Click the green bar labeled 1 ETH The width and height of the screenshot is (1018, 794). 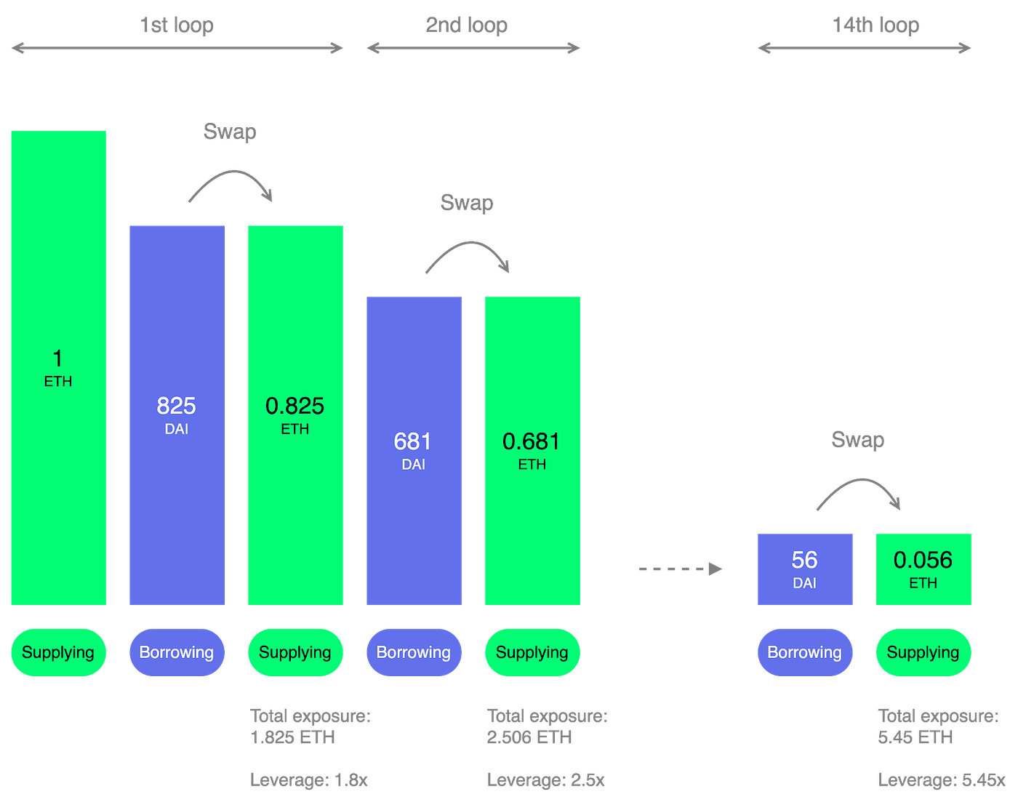pyautogui.click(x=58, y=367)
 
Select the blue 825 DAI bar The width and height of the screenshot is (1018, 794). pyautogui.click(x=176, y=414)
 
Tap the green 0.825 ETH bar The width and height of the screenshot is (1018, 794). pyautogui.click(x=295, y=414)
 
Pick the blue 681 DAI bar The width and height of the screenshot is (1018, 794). pyautogui.click(x=414, y=450)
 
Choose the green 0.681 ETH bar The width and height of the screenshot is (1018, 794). pyautogui.click(x=532, y=450)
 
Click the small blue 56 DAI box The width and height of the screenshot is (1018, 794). pyautogui.click(x=805, y=569)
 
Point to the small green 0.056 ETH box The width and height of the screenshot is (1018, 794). pyautogui.click(x=923, y=569)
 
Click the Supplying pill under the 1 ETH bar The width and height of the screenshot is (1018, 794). pyautogui.click(x=58, y=652)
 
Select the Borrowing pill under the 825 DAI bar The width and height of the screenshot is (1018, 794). pyautogui.click(x=176, y=652)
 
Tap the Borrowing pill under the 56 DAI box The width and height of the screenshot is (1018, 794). pyautogui.click(x=805, y=652)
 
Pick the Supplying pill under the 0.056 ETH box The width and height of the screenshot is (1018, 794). pyautogui.click(x=923, y=652)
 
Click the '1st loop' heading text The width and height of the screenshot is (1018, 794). pyautogui.click(x=177, y=25)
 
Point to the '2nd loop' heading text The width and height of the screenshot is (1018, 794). pyautogui.click(x=467, y=25)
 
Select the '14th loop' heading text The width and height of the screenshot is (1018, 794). pyautogui.click(x=876, y=25)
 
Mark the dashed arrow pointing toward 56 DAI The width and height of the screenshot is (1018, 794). pyautogui.click(x=679, y=568)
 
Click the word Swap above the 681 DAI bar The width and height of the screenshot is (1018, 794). pyautogui.click(x=467, y=203)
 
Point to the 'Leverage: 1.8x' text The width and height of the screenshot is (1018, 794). pyautogui.click(x=309, y=780)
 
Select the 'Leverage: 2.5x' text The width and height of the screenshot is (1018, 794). pyautogui.click(x=545, y=780)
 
